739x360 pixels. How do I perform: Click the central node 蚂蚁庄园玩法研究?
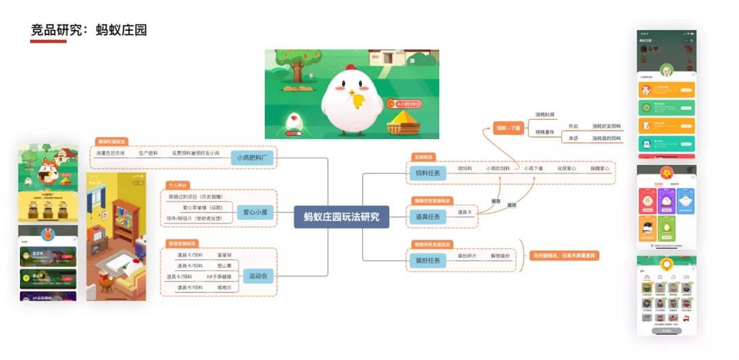pyautogui.click(x=341, y=216)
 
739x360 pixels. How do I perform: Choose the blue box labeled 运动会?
pyautogui.click(x=258, y=277)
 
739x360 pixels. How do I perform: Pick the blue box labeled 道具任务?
pyautogui.click(x=427, y=216)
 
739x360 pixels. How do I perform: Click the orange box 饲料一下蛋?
pyautogui.click(x=508, y=128)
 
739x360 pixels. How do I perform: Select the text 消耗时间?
pyautogui.click(x=545, y=114)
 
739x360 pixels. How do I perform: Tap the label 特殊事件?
pyautogui.click(x=545, y=132)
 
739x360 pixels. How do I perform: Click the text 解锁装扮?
pyautogui.click(x=500, y=255)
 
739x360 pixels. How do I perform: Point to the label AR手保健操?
pyautogui.click(x=219, y=277)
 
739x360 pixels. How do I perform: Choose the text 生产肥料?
pyautogui.click(x=148, y=153)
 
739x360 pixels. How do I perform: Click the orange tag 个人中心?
pyautogui.click(x=177, y=185)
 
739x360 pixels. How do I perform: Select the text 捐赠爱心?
pyautogui.click(x=599, y=168)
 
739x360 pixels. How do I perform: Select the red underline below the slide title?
pyautogui.click(x=48, y=42)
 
